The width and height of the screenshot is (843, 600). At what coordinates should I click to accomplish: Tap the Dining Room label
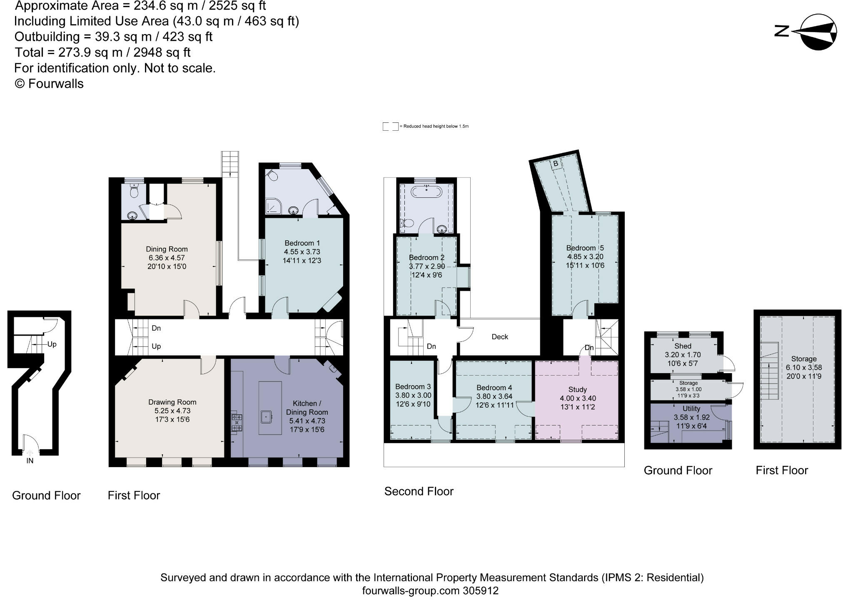(167, 249)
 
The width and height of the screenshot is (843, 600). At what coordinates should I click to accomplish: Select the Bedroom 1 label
(302, 243)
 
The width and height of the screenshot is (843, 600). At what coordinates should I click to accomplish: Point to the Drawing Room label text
(172, 402)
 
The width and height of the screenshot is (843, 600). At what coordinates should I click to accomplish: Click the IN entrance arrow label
(30, 461)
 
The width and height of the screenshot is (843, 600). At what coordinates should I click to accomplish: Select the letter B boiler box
(555, 164)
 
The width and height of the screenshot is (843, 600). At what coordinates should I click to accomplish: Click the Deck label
(499, 337)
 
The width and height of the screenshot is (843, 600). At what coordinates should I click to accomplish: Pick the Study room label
(577, 390)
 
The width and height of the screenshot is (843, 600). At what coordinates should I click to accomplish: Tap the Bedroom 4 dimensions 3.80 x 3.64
(494, 396)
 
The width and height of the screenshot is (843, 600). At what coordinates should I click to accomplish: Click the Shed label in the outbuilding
(683, 346)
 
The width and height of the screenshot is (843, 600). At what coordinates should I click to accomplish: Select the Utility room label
(691, 409)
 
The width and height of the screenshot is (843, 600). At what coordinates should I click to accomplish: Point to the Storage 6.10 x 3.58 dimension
(803, 368)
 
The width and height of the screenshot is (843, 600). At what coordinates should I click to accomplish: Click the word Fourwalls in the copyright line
(56, 84)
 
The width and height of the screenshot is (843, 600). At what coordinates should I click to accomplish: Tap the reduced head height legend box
(390, 127)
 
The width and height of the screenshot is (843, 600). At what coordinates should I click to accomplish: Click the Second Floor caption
(419, 491)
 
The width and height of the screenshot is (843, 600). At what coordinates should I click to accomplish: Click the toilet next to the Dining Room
(134, 191)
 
